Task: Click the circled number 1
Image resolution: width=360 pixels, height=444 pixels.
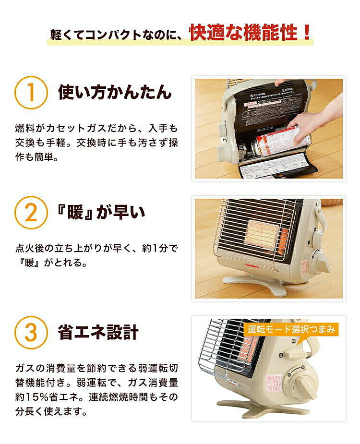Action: point(31,92)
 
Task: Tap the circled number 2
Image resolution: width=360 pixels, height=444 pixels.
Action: point(31,212)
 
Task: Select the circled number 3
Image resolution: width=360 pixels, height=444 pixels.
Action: point(31,332)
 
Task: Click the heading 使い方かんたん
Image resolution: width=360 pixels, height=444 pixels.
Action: point(115,92)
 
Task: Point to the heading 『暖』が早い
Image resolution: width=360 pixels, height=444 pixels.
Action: point(102,212)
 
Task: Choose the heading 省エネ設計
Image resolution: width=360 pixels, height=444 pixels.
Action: point(98,332)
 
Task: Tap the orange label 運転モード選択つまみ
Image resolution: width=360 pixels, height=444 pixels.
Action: point(291,330)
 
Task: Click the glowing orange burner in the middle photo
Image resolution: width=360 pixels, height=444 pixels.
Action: point(263,235)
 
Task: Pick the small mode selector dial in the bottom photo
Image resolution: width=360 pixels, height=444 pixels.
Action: point(294,355)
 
